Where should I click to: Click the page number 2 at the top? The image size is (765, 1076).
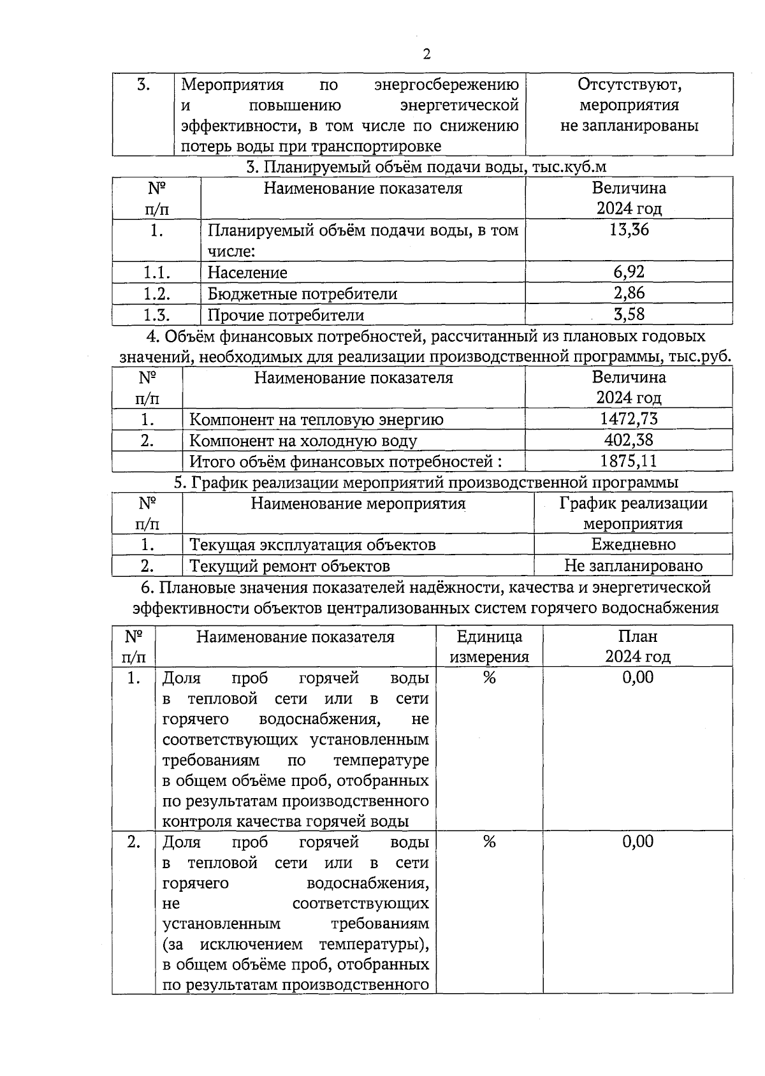pos(426,54)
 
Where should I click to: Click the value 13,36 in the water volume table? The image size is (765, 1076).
pos(629,230)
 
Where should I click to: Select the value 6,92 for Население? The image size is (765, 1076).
pos(629,272)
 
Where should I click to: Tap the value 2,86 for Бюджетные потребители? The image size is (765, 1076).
pos(629,293)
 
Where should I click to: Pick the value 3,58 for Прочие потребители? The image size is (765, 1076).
pos(629,314)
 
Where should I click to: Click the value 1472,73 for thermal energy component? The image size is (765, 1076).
pos(629,419)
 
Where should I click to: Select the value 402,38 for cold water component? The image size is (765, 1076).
pos(629,440)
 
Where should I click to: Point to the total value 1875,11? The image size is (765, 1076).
pos(629,461)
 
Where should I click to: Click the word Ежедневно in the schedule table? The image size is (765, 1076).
pos(633,544)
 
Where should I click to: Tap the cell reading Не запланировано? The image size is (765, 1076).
pos(633,565)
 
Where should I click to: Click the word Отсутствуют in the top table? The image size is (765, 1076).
pos(629,84)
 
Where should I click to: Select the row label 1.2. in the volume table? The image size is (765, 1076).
pos(156,293)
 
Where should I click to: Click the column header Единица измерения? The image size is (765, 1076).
pos(489,646)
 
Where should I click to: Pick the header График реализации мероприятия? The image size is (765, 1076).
pos(633,513)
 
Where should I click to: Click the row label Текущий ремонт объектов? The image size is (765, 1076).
pos(290,566)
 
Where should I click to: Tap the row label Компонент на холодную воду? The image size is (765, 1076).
pos(303,440)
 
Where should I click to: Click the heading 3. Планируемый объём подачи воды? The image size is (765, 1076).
pos(426,167)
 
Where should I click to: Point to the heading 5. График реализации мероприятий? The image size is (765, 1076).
pos(426,483)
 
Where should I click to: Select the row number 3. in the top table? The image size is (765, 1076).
pos(144,85)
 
